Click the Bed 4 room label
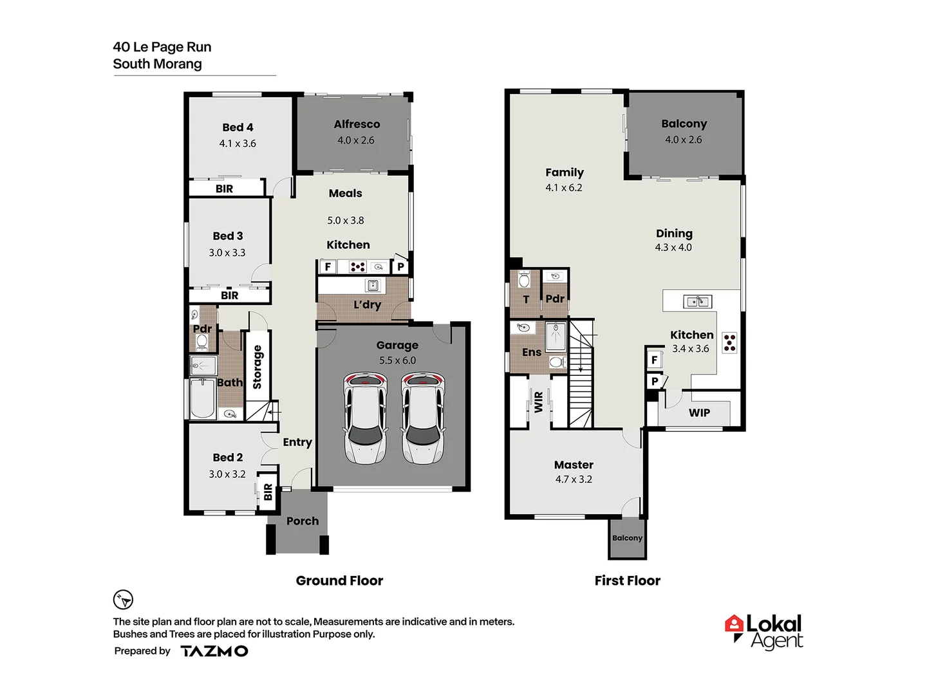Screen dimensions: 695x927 [238, 127]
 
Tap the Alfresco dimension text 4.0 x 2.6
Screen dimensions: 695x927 [356, 140]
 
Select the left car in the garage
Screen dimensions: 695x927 [365, 418]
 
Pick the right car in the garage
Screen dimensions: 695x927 [422, 418]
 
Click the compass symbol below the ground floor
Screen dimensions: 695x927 [123, 600]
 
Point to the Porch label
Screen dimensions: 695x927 [303, 521]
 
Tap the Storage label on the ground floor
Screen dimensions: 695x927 [257, 367]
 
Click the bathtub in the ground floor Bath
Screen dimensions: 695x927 [203, 400]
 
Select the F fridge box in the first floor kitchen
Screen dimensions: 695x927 [654, 360]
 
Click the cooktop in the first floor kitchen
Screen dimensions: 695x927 [729, 342]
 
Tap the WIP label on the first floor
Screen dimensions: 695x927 [699, 413]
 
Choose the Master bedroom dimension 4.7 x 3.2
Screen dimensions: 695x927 [574, 479]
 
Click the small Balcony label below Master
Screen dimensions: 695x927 [627, 538]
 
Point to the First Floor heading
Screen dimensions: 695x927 [627, 581]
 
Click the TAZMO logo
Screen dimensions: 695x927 [214, 651]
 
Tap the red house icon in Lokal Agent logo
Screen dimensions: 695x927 [734, 624]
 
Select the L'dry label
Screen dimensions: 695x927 [367, 305]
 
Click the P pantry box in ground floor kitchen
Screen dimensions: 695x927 [400, 266]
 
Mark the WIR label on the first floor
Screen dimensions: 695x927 [539, 402]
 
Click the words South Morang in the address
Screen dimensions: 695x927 [157, 64]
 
